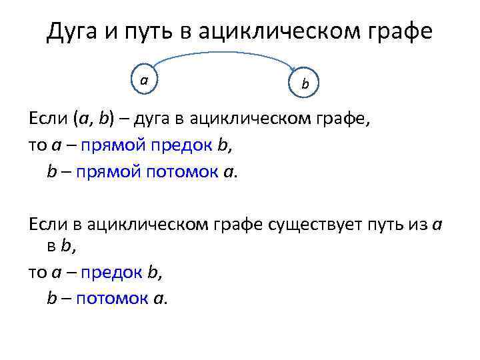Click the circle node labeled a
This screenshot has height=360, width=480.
(145, 80)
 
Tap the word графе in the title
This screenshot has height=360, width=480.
(397, 31)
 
